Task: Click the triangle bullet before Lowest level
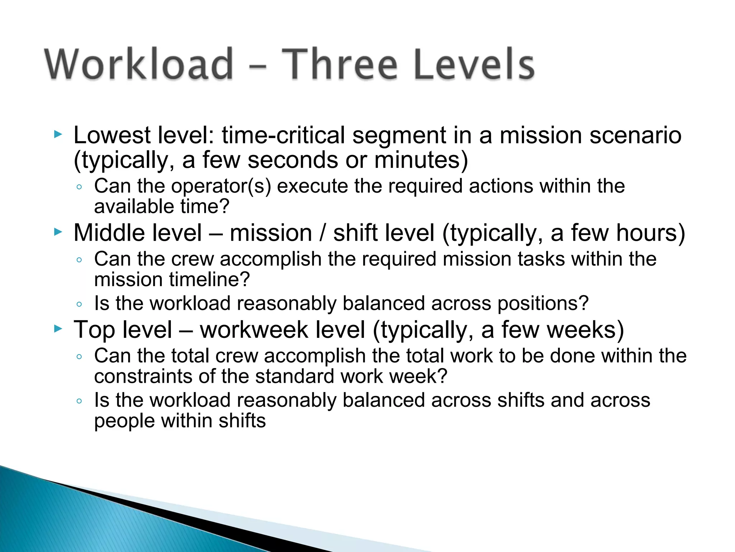tap(58, 135)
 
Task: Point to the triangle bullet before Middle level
tap(58, 232)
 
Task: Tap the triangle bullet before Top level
tap(58, 329)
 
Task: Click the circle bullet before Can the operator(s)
tap(79, 187)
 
